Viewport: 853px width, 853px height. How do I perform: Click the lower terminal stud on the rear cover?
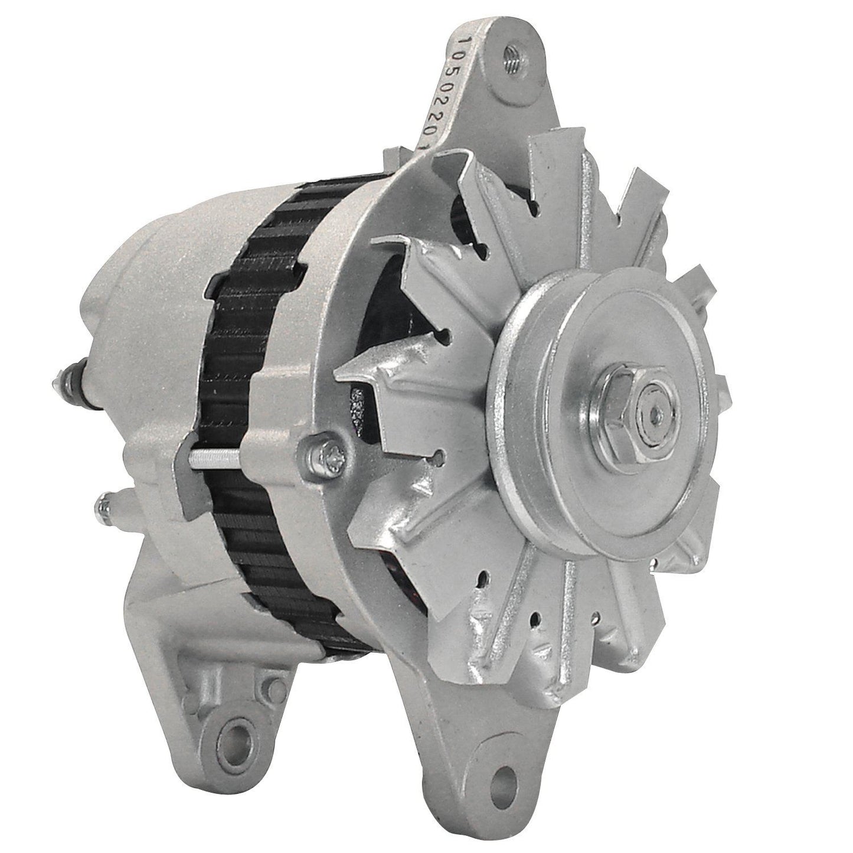pos(108,506)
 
